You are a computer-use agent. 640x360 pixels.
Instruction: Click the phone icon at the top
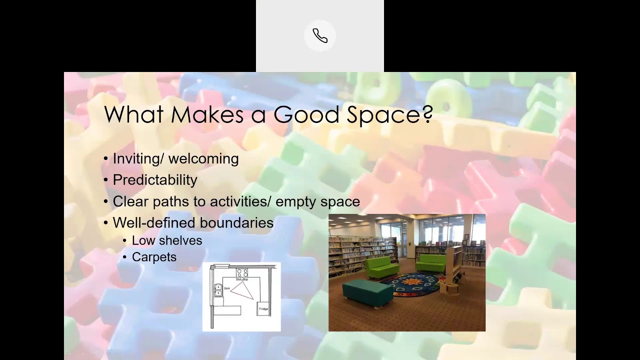pos(320,35)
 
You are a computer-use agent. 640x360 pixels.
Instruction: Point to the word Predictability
pos(155,180)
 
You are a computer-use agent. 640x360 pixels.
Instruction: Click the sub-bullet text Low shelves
pos(167,240)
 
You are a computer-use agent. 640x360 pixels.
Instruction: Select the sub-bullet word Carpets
pos(154,257)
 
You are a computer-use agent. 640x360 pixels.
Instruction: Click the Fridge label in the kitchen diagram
pos(263,308)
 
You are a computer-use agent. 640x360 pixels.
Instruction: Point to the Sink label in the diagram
pos(227,288)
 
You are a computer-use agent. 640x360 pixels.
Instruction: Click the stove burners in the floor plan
pos(242,273)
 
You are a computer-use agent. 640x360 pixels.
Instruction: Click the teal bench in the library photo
pos(368,292)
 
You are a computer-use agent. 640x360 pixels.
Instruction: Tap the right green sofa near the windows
pos(431,261)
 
